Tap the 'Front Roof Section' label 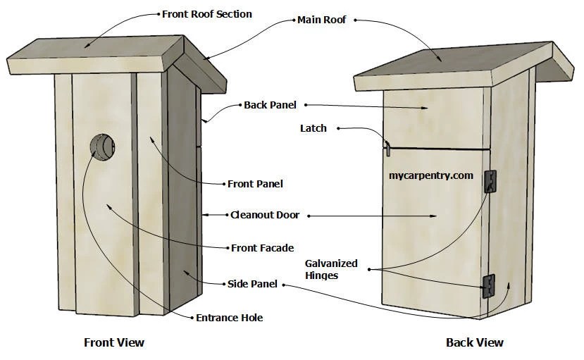[x=206, y=14]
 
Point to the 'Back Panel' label [x=270, y=105]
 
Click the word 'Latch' [x=313, y=128]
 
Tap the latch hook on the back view [x=386, y=147]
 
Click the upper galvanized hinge [x=491, y=181]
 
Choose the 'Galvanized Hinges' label [x=331, y=269]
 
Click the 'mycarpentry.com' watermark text [x=430, y=175]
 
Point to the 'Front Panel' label [x=255, y=184]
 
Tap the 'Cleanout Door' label [x=266, y=215]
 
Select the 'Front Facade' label [x=262, y=248]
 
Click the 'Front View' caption [x=114, y=342]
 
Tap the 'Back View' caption [x=474, y=342]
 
